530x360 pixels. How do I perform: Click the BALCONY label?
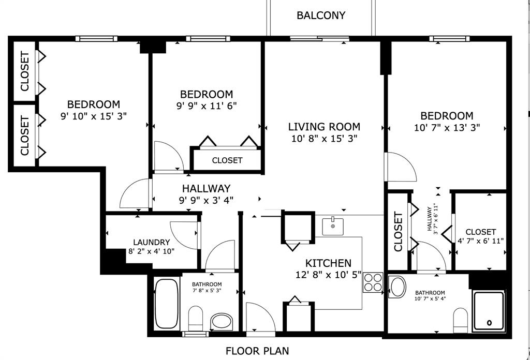coord(320,15)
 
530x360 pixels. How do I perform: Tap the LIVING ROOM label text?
coord(324,127)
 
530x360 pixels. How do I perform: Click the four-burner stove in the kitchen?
coord(373,282)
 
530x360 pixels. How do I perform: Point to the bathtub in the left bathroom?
coord(166,304)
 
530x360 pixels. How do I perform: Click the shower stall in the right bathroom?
coord(488,310)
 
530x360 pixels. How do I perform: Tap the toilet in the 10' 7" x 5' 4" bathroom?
coord(460,320)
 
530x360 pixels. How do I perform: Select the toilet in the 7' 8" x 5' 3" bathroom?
coord(196,318)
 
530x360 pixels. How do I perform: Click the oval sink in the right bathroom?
coord(397,287)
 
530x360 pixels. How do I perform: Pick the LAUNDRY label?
coord(151,242)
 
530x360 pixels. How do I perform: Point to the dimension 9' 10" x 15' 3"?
coord(93,116)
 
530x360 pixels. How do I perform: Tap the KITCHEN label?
coord(328,263)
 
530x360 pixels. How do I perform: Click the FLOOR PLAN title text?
coord(257,351)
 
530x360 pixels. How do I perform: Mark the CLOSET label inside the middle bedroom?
coord(227,160)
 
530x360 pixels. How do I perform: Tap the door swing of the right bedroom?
coord(400,167)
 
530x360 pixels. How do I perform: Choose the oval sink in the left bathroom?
coord(223,321)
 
